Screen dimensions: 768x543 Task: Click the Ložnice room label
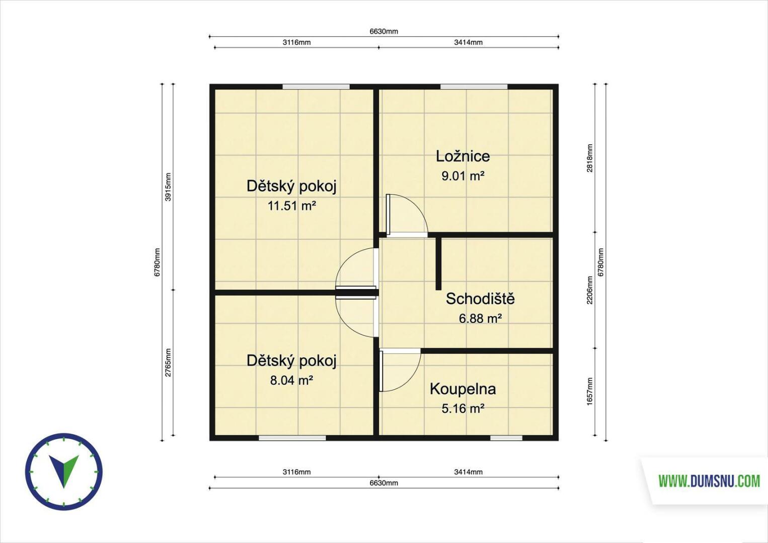(463, 156)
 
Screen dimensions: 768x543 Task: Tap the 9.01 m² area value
(463, 176)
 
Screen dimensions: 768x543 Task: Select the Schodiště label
(480, 299)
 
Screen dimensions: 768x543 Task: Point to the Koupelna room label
(463, 389)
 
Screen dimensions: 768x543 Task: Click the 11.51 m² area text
(291, 206)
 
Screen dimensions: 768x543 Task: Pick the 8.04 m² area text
(291, 380)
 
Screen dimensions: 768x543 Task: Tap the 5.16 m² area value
(463, 409)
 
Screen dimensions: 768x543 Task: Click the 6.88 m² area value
(480, 319)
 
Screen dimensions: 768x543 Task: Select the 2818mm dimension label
(590, 158)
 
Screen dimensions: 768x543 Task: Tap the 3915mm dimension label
(168, 187)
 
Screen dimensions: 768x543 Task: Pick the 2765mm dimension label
(168, 363)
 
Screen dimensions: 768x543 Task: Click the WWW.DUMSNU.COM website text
(709, 481)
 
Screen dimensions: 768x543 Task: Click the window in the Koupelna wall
(506, 438)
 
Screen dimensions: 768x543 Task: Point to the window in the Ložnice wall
(474, 86)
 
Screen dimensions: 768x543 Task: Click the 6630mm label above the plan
(383, 32)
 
